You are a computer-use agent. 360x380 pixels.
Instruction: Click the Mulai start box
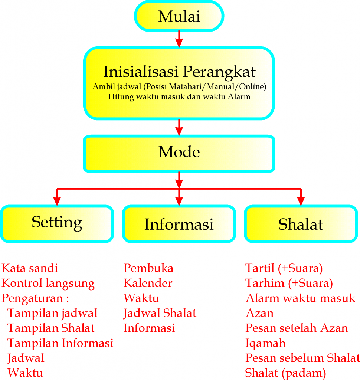pyautogui.click(x=179, y=17)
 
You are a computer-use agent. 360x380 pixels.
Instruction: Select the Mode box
pyautogui.click(x=179, y=153)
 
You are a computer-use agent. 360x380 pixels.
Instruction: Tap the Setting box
pyautogui.click(x=57, y=223)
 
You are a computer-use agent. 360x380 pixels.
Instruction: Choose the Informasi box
pyautogui.click(x=179, y=224)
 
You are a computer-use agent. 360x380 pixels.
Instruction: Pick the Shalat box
pyautogui.click(x=301, y=224)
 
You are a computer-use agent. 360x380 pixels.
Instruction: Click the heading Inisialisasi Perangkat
pyautogui.click(x=179, y=71)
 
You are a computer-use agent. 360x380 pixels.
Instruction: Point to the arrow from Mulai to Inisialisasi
pyautogui.click(x=179, y=39)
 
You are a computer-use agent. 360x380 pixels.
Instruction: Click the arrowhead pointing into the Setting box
pyautogui.click(x=57, y=200)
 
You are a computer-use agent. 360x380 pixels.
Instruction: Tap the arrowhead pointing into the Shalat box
pyautogui.click(x=301, y=200)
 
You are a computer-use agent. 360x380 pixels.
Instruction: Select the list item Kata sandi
pyautogui.click(x=30, y=268)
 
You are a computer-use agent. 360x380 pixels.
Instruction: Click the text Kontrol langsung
pyautogui.click(x=48, y=284)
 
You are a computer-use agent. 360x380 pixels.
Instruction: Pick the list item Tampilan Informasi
pyautogui.click(x=60, y=343)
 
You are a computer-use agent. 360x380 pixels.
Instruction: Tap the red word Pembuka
pyautogui.click(x=148, y=268)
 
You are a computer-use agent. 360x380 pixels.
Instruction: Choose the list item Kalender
pyautogui.click(x=148, y=284)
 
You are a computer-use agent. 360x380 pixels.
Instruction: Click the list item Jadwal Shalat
pyautogui.click(x=160, y=313)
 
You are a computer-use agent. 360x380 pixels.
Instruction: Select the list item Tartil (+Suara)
pyautogui.click(x=284, y=268)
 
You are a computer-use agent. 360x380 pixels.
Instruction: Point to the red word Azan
pyautogui.click(x=259, y=313)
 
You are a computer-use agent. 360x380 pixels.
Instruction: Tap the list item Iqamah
pyautogui.click(x=265, y=343)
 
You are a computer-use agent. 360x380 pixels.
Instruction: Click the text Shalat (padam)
pyautogui.click(x=285, y=373)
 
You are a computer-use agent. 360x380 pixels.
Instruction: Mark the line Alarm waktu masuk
pyautogui.click(x=300, y=298)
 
